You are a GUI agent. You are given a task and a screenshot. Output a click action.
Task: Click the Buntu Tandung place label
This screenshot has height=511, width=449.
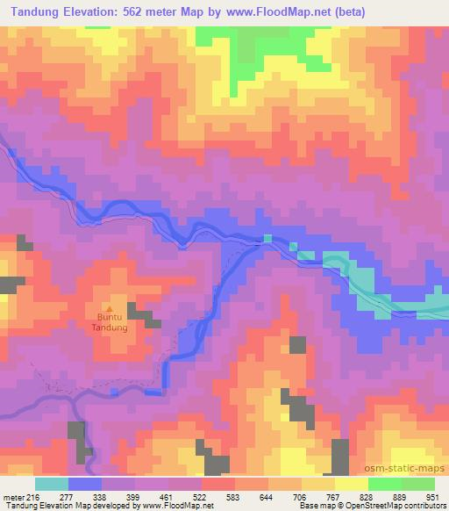pyautogui.click(x=110, y=323)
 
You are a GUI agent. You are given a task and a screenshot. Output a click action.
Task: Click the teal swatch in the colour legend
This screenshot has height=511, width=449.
pyautogui.click(x=51, y=484)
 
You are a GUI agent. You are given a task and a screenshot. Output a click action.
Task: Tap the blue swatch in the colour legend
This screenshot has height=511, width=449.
pyautogui.click(x=84, y=484)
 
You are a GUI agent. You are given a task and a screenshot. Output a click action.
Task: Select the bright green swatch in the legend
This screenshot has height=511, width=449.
pyautogui.click(x=384, y=484)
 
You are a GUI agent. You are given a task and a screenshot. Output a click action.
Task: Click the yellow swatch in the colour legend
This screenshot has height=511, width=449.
pyautogui.click(x=351, y=484)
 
